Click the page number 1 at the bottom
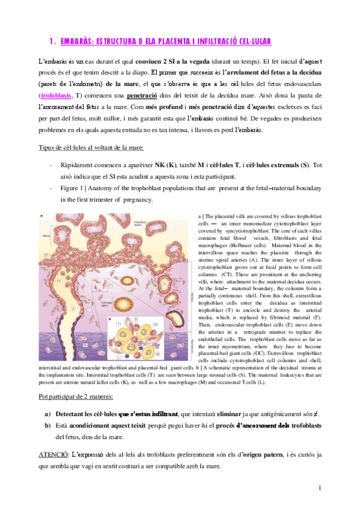point(321,487)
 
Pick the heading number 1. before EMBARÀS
point(53,41)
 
